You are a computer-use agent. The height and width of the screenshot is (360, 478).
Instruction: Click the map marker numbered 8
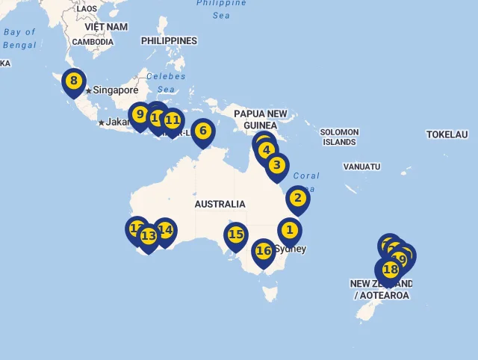click(x=73, y=81)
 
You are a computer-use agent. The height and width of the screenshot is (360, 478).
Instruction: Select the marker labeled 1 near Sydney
click(x=290, y=231)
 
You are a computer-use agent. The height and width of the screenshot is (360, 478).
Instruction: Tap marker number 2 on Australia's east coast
click(x=297, y=198)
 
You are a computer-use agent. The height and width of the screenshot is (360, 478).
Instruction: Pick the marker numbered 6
click(x=202, y=131)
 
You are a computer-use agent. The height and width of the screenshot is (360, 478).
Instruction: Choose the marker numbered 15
click(x=236, y=235)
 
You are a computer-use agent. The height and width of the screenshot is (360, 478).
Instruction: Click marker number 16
click(x=264, y=251)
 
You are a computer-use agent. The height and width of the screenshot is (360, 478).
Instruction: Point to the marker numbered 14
click(x=165, y=230)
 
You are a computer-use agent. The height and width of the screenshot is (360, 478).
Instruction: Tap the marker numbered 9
click(x=140, y=114)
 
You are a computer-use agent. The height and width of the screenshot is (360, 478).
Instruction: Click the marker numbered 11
click(x=173, y=120)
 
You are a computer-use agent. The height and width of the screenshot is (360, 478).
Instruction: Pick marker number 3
click(x=276, y=165)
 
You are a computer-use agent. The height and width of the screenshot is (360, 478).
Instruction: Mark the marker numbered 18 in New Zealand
click(x=390, y=270)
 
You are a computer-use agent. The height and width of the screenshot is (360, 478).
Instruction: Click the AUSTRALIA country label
click(x=220, y=204)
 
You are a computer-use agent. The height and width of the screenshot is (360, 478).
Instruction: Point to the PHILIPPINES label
click(x=169, y=41)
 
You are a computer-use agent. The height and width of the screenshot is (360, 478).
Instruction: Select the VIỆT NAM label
click(x=106, y=27)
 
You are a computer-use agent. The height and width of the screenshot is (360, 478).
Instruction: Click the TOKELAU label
click(x=447, y=134)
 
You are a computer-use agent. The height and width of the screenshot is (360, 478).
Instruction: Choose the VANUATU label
click(x=362, y=167)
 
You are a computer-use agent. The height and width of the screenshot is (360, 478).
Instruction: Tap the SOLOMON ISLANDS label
click(x=340, y=137)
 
